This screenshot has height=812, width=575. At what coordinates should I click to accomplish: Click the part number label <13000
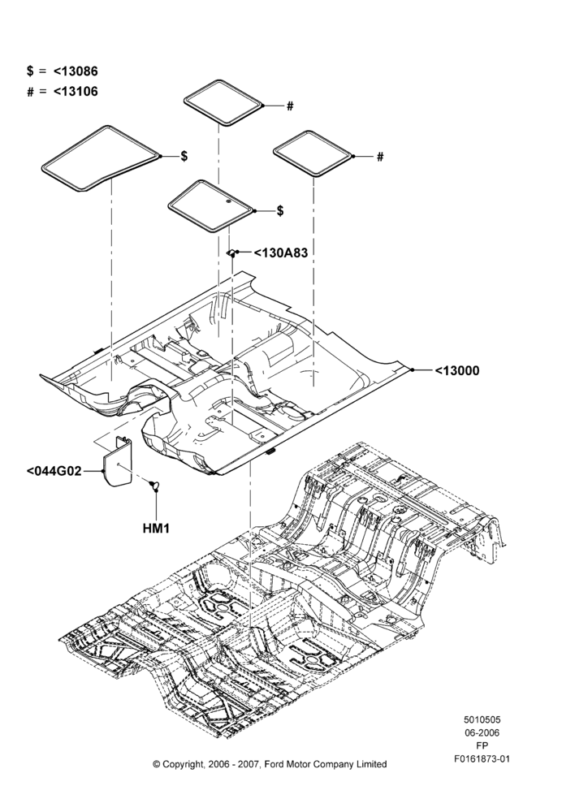click(x=457, y=370)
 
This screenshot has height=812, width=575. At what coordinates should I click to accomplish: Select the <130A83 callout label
click(x=280, y=253)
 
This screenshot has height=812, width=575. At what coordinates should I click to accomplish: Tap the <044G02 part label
click(x=54, y=471)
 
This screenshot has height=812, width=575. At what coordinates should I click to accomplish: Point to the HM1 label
click(x=155, y=529)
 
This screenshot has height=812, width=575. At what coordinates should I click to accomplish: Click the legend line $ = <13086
click(x=63, y=71)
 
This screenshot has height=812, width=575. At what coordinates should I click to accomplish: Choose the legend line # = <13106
click(x=63, y=92)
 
